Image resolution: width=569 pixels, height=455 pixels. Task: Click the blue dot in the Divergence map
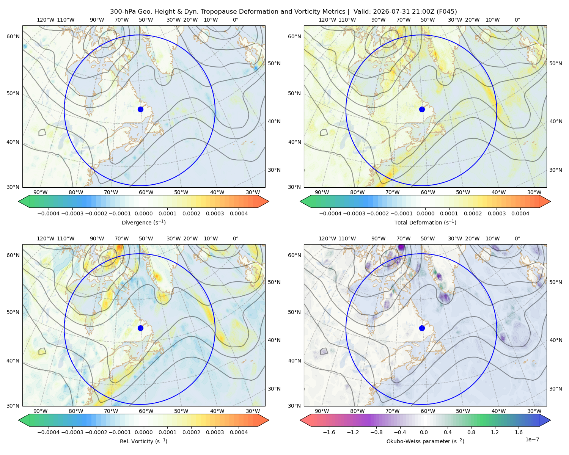tap(140, 109)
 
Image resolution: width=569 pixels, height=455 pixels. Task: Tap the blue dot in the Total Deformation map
tap(422, 109)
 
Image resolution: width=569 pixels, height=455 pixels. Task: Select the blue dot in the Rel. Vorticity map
tap(140, 328)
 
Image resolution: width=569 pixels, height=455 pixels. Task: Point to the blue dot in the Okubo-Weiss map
tap(422, 328)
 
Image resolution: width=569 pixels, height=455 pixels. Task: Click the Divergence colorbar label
tap(143, 222)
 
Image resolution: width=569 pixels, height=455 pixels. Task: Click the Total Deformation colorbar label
tap(425, 222)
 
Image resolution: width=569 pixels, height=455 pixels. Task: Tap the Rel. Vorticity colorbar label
tap(143, 441)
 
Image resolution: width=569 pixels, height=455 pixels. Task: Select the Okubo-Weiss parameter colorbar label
tap(425, 441)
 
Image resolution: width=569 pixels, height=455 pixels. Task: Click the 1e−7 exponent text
tap(532, 439)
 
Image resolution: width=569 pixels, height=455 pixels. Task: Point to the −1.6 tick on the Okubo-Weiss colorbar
tap(329, 432)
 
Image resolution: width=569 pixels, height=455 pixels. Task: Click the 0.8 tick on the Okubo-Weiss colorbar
tap(471, 432)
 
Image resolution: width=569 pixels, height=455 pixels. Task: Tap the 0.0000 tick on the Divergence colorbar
tap(143, 213)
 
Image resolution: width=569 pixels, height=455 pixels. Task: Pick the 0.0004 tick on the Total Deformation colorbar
tap(520, 213)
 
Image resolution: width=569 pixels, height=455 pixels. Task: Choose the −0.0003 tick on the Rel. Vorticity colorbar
tap(72, 432)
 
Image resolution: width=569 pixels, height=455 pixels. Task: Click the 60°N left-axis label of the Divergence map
tap(13, 36)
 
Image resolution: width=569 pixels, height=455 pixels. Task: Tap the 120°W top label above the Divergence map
tap(46, 20)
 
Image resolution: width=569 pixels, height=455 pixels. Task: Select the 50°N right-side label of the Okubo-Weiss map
tap(556, 282)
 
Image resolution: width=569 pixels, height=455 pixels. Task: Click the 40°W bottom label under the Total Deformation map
tap(498, 192)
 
